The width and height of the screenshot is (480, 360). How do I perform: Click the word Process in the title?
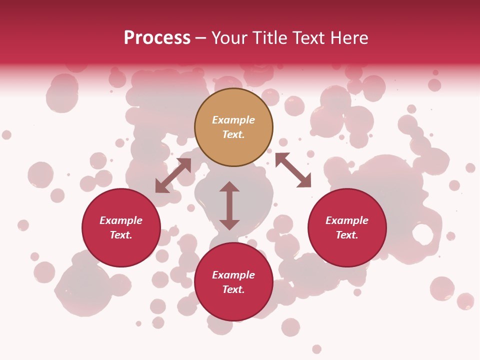[x=157, y=38]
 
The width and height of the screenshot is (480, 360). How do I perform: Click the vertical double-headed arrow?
[x=229, y=205]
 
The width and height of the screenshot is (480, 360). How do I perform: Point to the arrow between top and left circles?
[x=173, y=175]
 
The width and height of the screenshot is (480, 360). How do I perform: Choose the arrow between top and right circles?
[x=293, y=170]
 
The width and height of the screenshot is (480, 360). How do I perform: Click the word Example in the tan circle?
[x=233, y=120]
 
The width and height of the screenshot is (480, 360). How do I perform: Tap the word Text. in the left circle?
[x=121, y=235]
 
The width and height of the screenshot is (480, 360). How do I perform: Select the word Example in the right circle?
[x=347, y=220]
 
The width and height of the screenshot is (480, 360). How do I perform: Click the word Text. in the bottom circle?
[x=233, y=289]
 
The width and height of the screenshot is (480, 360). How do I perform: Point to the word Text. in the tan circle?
[x=233, y=134]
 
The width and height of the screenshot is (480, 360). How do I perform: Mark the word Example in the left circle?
[x=121, y=220]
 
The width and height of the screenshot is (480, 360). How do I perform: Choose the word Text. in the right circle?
[x=347, y=235]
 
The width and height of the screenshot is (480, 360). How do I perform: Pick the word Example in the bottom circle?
[x=233, y=275]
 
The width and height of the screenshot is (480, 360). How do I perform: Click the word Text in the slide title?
[x=307, y=38]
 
